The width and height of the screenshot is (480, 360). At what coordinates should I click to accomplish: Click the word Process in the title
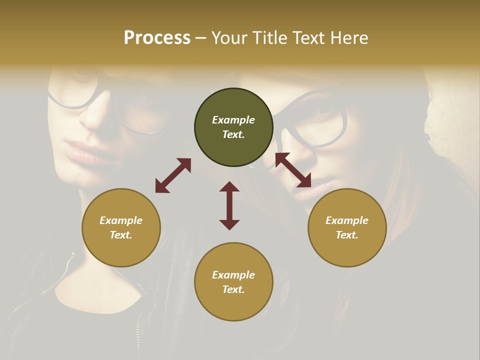(157, 38)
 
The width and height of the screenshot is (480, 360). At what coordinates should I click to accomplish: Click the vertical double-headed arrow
(229, 205)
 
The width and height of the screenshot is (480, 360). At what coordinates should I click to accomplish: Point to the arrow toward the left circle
(173, 175)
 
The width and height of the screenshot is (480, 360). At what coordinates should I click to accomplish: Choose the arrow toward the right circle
(293, 170)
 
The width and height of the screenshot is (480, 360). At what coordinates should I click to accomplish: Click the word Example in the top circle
(233, 120)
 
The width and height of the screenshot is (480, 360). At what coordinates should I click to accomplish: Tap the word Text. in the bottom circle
(233, 289)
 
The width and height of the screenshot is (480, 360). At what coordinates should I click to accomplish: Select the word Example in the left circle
(121, 220)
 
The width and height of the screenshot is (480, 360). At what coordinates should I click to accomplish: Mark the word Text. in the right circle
(347, 235)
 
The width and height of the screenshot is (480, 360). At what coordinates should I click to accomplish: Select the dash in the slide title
(200, 38)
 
